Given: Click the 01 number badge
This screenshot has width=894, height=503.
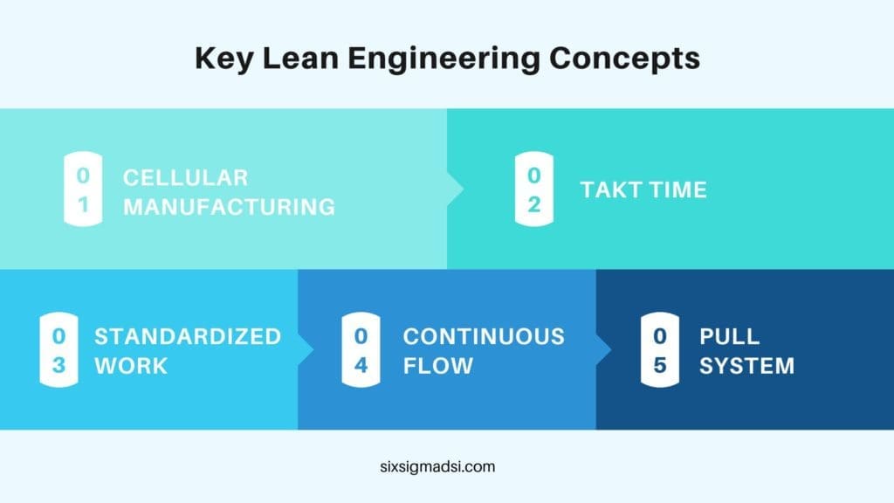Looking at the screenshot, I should click(x=82, y=191).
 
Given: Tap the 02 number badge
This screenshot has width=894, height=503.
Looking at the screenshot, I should click(x=533, y=189).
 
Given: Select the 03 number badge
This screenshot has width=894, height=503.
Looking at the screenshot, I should click(x=58, y=350).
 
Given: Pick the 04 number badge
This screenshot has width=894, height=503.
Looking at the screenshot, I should click(x=361, y=350).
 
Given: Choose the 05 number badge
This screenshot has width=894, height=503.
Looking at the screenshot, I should click(x=660, y=350).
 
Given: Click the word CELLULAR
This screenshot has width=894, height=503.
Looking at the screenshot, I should click(x=185, y=177).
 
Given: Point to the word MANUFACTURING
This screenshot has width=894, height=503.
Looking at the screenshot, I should click(x=229, y=207).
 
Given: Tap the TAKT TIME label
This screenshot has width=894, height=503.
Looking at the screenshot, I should click(x=643, y=189).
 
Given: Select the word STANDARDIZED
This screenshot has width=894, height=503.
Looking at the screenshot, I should click(x=188, y=336).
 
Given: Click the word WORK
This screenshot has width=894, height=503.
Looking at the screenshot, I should click(x=130, y=365).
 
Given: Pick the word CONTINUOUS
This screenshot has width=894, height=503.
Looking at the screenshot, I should click(x=484, y=336).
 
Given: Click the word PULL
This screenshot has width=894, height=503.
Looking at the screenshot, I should click(x=729, y=336).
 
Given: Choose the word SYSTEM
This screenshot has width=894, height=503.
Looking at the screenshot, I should click(x=746, y=365).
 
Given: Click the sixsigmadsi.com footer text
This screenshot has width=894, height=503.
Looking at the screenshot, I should click(x=446, y=466).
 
